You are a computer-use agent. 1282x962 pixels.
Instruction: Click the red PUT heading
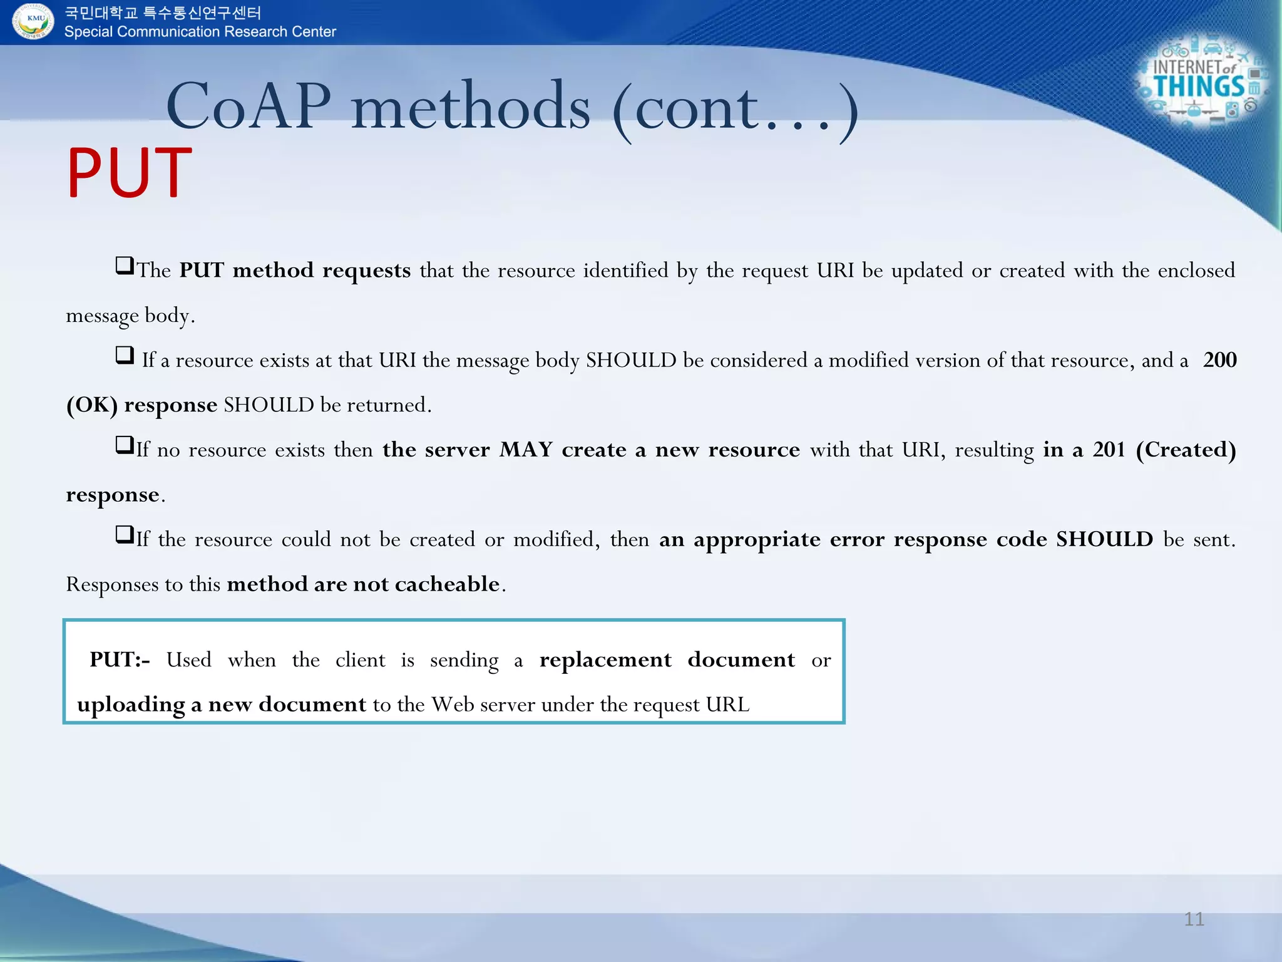[130, 173]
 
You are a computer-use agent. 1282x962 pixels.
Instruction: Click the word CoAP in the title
[249, 106]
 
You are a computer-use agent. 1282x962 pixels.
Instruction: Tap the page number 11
[1194, 919]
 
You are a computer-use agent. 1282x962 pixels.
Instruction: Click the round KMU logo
[34, 21]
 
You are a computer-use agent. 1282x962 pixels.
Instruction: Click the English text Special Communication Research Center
[200, 32]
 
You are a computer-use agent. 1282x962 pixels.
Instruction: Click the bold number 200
[1219, 359]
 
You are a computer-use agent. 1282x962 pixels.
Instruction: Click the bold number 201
[1109, 449]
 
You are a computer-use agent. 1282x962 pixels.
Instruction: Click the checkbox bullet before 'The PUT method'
[125, 266]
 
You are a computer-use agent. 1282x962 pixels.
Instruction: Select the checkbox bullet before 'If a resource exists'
[125, 355]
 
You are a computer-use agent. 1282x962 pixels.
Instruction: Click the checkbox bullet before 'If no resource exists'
[125, 445]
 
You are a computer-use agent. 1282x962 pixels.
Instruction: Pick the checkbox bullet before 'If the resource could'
[125, 535]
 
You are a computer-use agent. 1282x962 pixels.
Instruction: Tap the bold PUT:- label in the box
[120, 659]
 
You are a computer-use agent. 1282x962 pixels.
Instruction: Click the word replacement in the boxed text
[605, 659]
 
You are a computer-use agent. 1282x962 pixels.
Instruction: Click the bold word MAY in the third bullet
[526, 449]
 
